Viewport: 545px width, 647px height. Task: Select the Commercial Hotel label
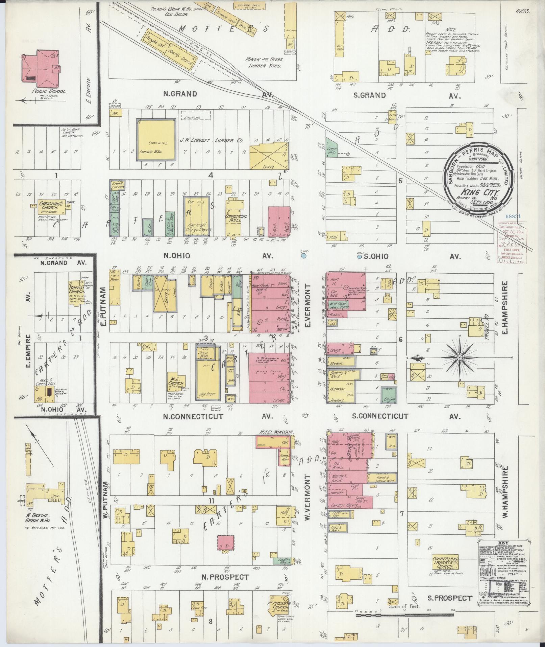(236, 218)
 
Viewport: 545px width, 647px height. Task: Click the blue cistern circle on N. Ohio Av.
(304, 256)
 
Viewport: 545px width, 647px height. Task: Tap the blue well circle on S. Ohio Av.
(360, 257)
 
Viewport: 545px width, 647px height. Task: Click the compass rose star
(460, 357)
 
